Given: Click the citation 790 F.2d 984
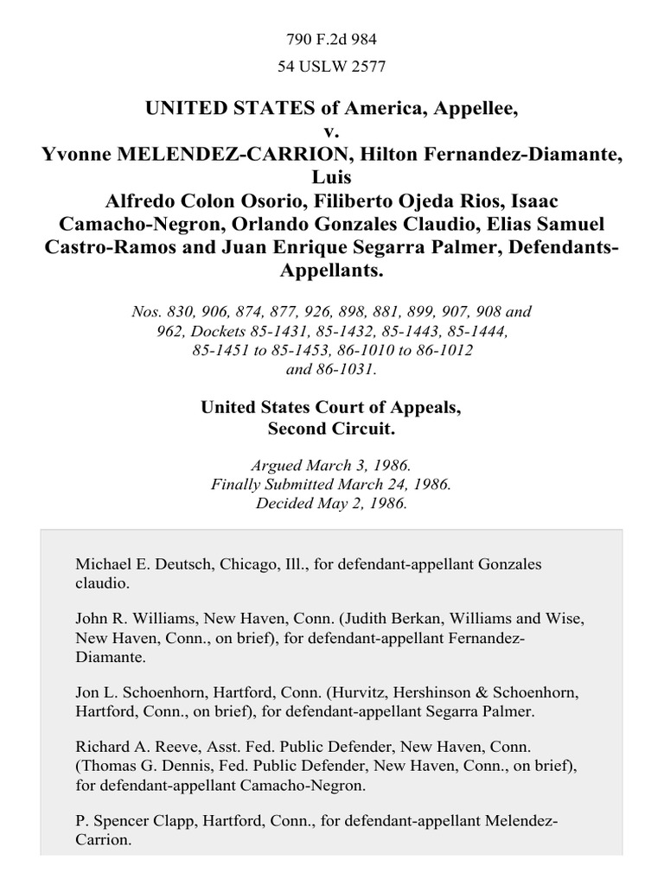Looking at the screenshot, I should [332, 39].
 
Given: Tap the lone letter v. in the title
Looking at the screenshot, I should [332, 133].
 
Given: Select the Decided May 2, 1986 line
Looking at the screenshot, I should [332, 502].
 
